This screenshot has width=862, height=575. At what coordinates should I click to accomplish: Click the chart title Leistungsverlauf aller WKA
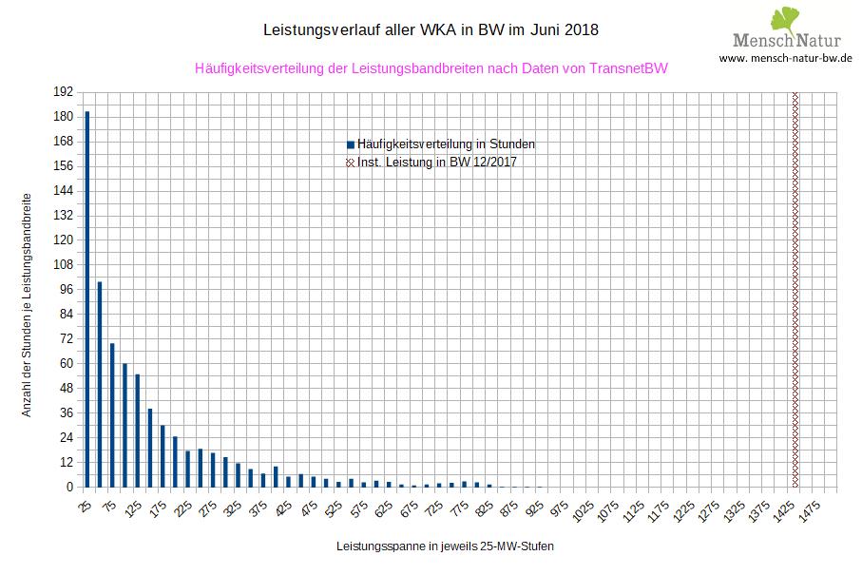pos(431,29)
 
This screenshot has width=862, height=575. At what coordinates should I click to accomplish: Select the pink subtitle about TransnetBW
pos(431,68)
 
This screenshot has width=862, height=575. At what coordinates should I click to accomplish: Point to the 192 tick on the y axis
pos(64,92)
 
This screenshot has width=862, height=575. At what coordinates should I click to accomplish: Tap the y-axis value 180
pos(64,117)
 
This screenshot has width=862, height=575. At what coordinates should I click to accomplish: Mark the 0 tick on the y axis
pos(69,487)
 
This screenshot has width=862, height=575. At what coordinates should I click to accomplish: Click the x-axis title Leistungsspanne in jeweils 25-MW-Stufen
pos(445,547)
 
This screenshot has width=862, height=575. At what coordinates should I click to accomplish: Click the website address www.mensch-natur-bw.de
pos(785,58)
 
